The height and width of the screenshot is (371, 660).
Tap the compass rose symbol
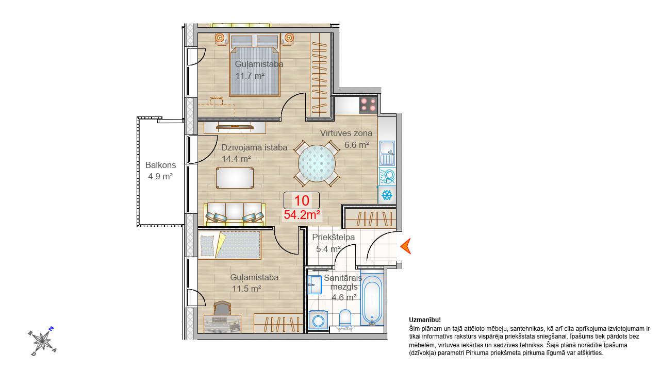[42, 341]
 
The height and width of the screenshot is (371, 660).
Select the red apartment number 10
[302, 200]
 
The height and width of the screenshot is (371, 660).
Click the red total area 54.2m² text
[302, 215]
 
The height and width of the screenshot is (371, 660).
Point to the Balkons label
[160, 165]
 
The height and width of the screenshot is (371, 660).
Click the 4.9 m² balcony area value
[160, 176]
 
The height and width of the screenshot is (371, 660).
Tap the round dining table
[317, 163]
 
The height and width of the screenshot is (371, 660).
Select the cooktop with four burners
[368, 105]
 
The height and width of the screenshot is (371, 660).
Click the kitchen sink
[387, 153]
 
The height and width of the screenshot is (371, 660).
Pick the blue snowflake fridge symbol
[387, 195]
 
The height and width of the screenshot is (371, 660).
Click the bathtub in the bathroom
[372, 300]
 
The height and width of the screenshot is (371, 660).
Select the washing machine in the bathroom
[318, 320]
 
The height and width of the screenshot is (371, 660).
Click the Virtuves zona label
[346, 133]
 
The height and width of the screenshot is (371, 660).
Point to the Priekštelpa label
[334, 238]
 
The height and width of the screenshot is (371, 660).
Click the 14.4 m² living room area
[236, 159]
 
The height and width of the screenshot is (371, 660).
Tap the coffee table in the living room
[235, 178]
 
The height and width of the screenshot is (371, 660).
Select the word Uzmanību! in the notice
[425, 320]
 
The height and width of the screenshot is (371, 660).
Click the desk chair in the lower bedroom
[222, 308]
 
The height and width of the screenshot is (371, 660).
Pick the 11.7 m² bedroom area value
[250, 76]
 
